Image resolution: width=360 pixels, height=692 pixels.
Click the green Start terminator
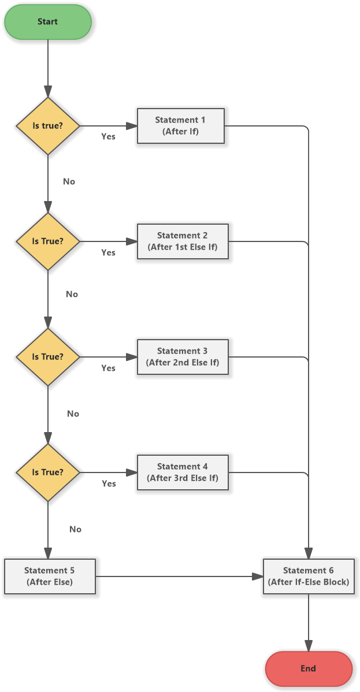click(47, 22)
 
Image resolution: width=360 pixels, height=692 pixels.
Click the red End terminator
click(308, 668)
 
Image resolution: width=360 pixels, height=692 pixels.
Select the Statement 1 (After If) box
click(180, 125)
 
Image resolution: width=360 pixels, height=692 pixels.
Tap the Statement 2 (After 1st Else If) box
click(183, 241)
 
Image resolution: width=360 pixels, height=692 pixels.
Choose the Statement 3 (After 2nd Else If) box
click(183, 357)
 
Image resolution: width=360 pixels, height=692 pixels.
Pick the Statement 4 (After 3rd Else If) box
click(183, 473)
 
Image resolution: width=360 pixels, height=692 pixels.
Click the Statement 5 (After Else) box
click(50, 576)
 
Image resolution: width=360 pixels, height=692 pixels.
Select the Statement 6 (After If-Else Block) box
click(309, 576)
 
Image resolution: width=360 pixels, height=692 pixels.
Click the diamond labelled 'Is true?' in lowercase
click(47, 126)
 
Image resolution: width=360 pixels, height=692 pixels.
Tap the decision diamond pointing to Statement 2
click(47, 241)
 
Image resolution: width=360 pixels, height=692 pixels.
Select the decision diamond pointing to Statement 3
click(47, 357)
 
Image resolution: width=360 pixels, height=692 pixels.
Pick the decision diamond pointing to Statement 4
click(47, 473)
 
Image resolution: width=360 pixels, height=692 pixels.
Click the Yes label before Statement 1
click(108, 137)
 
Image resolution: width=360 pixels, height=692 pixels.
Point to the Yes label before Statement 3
click(108, 368)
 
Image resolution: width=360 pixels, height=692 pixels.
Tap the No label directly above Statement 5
click(75, 529)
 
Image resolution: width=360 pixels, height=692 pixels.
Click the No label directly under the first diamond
click(69, 181)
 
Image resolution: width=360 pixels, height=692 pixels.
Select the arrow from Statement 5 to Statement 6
click(179, 576)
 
